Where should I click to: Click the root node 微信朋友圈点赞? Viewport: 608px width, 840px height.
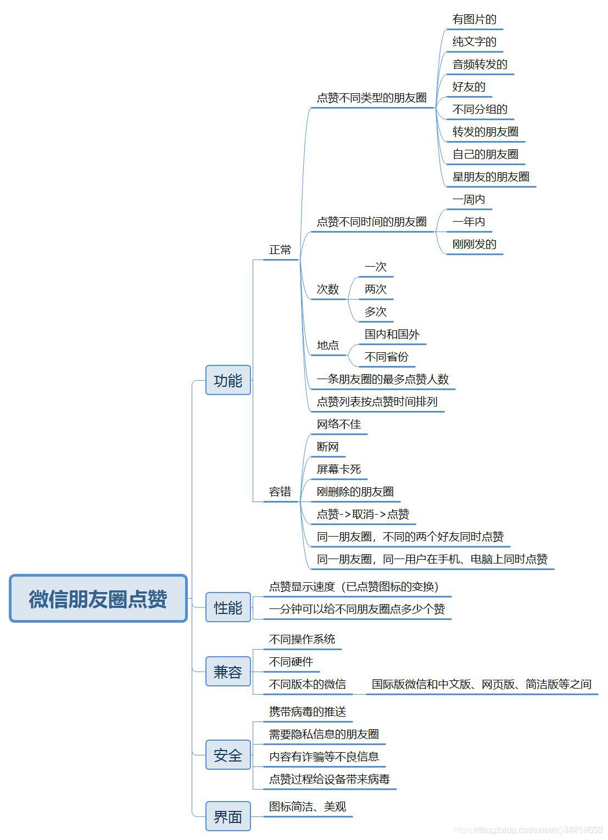(98, 599)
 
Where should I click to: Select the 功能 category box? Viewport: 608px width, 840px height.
(228, 380)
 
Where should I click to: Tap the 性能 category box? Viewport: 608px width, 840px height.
(228, 607)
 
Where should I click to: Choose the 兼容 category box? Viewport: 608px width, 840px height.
(228, 672)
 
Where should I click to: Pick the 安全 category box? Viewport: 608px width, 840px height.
(228, 755)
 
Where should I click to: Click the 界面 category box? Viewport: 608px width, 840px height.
(228, 816)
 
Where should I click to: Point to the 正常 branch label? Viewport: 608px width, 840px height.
(280, 250)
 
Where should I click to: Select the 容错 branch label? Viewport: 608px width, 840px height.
(280, 492)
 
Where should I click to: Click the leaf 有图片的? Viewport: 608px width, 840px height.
(474, 20)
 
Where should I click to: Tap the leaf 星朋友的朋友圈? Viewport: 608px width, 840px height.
(490, 177)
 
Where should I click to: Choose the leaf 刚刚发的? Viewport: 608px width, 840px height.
(474, 244)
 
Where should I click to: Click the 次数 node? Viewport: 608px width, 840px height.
(328, 289)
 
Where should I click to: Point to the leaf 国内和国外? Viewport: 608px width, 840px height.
(392, 334)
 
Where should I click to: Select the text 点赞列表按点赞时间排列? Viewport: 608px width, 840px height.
(377, 402)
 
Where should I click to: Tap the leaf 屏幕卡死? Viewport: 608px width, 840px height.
(339, 469)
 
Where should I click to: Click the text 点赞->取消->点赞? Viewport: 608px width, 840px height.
(363, 514)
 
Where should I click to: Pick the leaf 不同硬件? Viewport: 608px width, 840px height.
(291, 662)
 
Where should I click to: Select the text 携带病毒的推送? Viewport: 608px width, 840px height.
(308, 712)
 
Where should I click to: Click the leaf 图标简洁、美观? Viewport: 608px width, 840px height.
(308, 807)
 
